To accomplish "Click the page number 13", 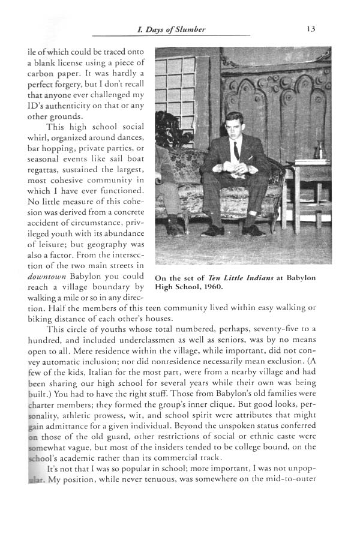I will pos(311,28).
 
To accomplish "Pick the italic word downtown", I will pos(50,278).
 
